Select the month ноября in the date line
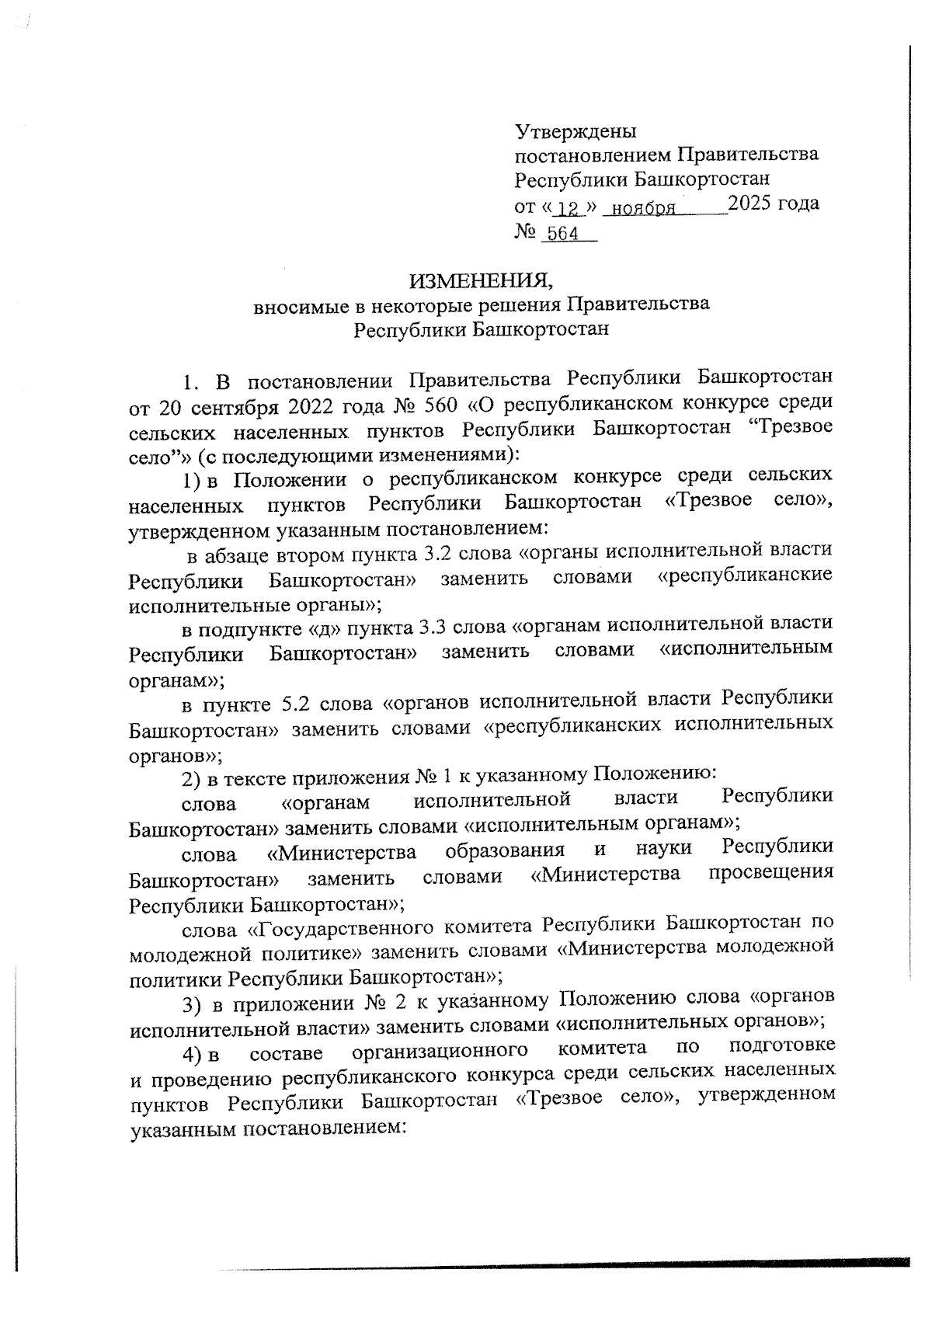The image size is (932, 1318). point(642,209)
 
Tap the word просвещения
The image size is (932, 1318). point(771,873)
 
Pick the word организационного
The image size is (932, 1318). point(440,1050)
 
